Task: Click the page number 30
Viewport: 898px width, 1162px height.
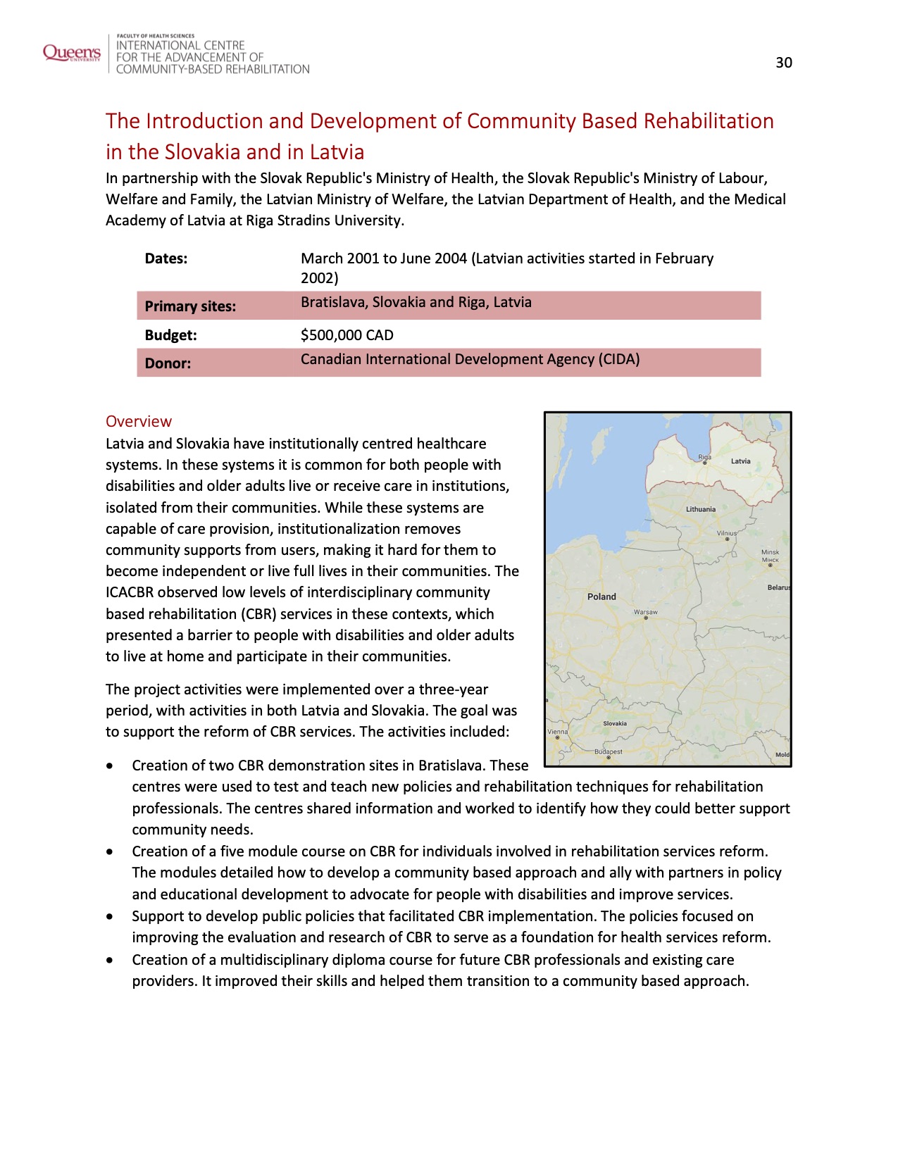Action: click(x=783, y=63)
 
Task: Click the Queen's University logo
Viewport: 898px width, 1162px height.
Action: click(x=72, y=54)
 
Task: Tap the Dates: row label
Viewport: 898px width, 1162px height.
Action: click(x=166, y=258)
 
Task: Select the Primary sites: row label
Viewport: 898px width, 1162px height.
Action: click(x=190, y=306)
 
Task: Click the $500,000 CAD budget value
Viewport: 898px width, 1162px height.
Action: click(x=347, y=335)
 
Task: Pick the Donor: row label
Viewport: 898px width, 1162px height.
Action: click(x=168, y=363)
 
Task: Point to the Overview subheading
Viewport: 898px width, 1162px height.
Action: click(x=139, y=422)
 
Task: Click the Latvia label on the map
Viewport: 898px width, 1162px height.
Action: click(x=740, y=461)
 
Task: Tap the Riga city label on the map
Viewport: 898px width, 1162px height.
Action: click(x=704, y=458)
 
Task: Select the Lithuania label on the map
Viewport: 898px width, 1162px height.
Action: click(x=700, y=509)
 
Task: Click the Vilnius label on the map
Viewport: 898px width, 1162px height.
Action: click(x=726, y=534)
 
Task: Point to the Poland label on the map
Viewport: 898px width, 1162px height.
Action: click(x=601, y=596)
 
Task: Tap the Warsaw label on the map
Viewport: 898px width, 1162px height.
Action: click(x=645, y=613)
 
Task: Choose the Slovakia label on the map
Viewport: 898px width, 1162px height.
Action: click(x=615, y=723)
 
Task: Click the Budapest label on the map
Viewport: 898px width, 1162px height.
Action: click(x=608, y=752)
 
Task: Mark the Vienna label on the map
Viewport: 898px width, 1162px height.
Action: click(x=557, y=732)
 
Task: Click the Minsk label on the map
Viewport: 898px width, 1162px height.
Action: click(x=770, y=553)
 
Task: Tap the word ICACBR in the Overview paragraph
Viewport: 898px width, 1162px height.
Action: click(x=131, y=592)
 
